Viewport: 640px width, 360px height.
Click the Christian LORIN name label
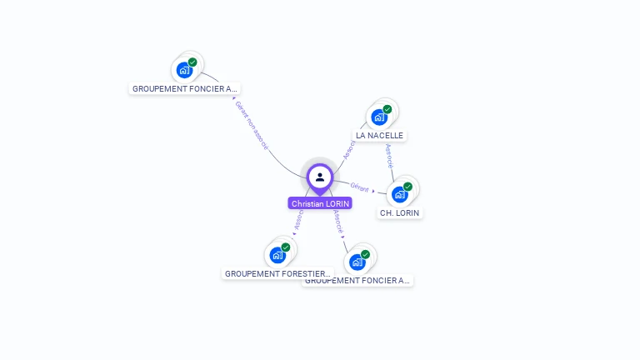tap(320, 203)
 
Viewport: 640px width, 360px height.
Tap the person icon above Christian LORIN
tap(320, 177)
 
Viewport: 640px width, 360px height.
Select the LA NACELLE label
tap(379, 135)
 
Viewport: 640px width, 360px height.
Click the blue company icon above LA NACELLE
tap(379, 117)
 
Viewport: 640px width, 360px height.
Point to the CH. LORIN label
tap(400, 213)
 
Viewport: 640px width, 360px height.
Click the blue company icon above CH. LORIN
tap(400, 195)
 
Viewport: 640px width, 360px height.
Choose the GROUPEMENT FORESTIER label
tap(277, 273)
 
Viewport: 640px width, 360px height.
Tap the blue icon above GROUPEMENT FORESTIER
tap(277, 256)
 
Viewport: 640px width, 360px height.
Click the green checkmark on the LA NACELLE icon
tap(387, 109)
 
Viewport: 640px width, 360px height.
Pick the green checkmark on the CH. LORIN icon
tap(407, 187)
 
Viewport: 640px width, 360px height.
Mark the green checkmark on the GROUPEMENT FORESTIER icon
tap(285, 247)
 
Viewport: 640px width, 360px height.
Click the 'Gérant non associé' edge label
tap(252, 126)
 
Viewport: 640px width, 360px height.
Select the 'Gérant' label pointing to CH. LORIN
tap(359, 187)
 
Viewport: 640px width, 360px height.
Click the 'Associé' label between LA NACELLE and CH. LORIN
tap(389, 156)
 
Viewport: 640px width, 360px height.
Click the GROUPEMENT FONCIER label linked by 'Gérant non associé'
tap(185, 88)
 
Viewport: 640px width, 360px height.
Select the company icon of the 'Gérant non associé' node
tap(184, 71)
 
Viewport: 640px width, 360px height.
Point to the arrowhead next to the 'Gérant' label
tap(374, 191)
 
